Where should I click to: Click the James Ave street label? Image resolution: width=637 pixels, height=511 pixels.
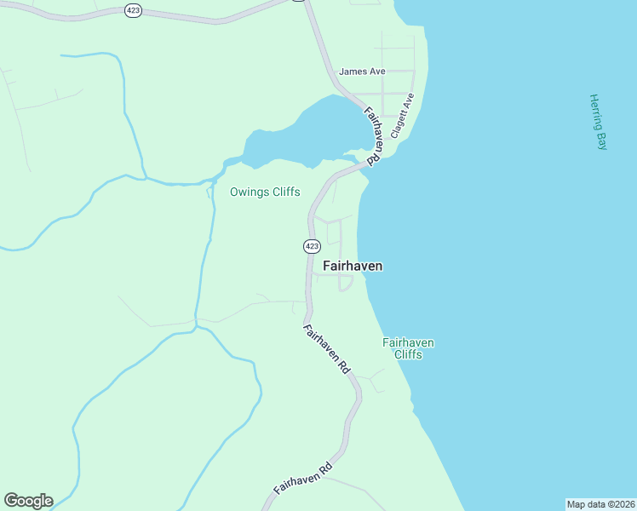(362, 72)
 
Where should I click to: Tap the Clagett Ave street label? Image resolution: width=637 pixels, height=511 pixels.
(402, 116)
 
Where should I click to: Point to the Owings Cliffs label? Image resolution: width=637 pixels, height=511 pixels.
(265, 192)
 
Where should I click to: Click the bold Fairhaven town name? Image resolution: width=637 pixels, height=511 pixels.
(353, 266)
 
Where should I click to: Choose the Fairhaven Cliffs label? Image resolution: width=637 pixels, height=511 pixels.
(408, 348)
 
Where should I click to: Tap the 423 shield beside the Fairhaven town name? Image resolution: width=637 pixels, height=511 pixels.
(311, 246)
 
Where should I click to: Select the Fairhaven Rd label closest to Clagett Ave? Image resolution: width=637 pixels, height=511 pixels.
(373, 135)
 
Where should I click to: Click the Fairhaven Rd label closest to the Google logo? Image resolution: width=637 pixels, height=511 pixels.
(302, 479)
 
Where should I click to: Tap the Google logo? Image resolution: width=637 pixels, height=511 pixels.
(28, 501)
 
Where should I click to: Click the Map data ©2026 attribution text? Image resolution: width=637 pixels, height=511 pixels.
(600, 503)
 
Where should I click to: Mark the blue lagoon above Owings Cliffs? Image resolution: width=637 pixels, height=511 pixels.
(315, 132)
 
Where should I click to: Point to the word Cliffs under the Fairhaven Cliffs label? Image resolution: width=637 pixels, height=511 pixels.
(408, 354)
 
